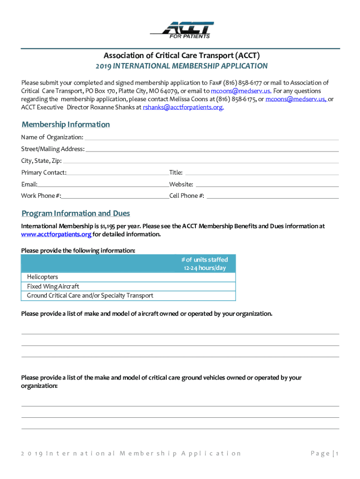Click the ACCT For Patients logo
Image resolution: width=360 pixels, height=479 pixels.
click(182, 29)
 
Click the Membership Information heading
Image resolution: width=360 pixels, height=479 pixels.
click(65, 124)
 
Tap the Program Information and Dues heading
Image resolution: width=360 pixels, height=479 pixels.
click(76, 213)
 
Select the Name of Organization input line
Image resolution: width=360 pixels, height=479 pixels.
click(211, 138)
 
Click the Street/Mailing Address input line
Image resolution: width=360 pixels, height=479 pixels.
click(212, 150)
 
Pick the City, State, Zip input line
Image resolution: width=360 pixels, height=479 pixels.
click(201, 162)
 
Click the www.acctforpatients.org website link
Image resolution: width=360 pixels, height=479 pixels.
click(56, 234)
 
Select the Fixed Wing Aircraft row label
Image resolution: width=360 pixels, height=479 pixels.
click(53, 286)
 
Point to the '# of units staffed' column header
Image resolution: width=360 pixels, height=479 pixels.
click(204, 264)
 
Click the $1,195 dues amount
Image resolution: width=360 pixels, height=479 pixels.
click(109, 226)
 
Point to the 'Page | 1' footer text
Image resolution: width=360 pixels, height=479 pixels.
click(324, 453)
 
